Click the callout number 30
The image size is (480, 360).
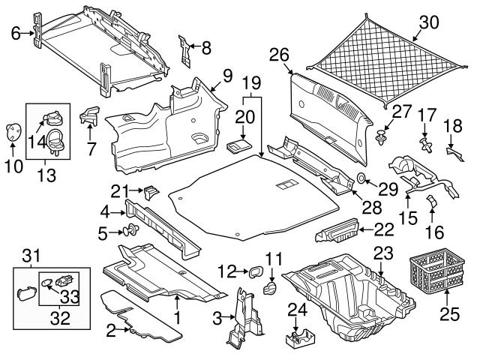point(427,23)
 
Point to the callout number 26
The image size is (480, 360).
point(279,54)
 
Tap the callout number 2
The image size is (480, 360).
point(111,328)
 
